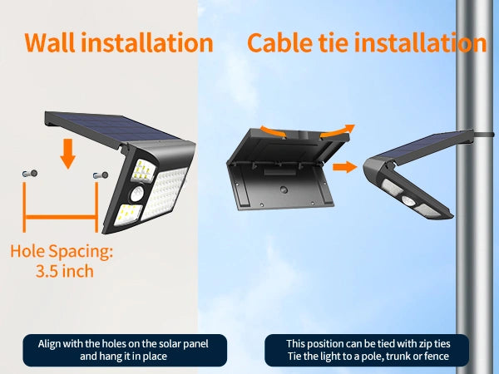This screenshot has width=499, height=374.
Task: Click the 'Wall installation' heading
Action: [x=119, y=42]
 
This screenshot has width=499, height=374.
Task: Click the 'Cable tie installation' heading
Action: [x=367, y=42]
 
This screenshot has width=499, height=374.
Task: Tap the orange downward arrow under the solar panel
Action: [x=67, y=154]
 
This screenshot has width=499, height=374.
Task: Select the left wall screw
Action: [x=30, y=174]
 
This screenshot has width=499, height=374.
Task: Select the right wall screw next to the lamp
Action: [x=101, y=175]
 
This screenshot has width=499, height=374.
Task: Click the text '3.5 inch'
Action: [x=65, y=271]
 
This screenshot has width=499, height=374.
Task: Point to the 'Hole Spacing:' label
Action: [x=62, y=251]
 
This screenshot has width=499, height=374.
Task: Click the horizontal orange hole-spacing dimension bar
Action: [x=61, y=218]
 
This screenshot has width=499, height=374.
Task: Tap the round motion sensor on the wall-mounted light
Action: [x=137, y=194]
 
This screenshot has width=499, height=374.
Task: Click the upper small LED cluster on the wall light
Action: [x=143, y=170]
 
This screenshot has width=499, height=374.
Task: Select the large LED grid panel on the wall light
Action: [x=164, y=193]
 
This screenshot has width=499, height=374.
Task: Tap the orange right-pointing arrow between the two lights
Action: [x=345, y=167]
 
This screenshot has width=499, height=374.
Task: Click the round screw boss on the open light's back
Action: [x=284, y=189]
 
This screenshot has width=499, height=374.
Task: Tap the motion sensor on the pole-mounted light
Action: [x=408, y=200]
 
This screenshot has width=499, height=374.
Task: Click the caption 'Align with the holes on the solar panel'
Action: [x=123, y=344]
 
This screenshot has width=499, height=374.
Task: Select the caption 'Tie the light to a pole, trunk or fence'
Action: [x=368, y=357]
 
